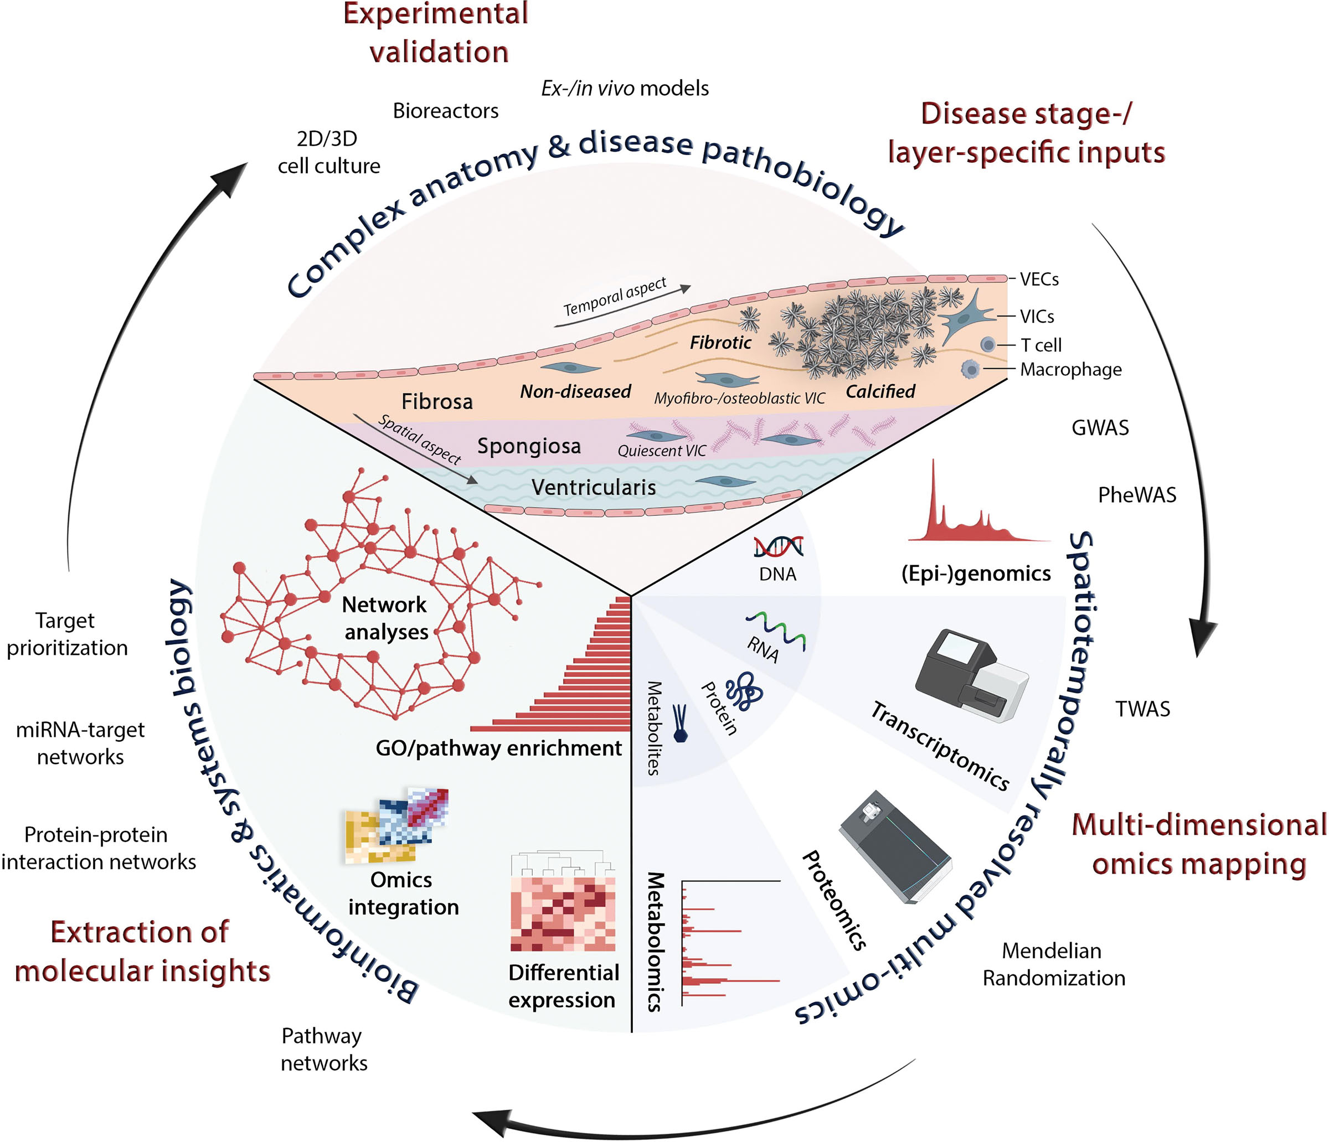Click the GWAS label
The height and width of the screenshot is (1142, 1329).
[1099, 428]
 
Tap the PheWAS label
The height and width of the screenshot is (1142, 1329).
[1137, 495]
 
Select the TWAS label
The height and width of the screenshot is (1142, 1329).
[1142, 709]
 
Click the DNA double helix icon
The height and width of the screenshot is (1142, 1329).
[778, 546]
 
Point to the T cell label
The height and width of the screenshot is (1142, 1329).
[1041, 345]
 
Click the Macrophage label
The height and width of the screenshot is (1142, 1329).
[1070, 369]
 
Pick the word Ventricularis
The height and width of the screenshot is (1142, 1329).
[593, 487]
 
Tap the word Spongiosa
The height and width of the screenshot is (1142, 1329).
[528, 446]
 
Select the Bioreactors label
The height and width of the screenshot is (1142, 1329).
[445, 111]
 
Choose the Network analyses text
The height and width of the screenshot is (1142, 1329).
[385, 618]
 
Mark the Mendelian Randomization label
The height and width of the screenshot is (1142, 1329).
[1053, 964]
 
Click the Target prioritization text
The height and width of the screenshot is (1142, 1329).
[66, 634]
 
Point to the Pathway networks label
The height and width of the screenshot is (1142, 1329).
[323, 1049]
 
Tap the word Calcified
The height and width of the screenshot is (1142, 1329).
[880, 391]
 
